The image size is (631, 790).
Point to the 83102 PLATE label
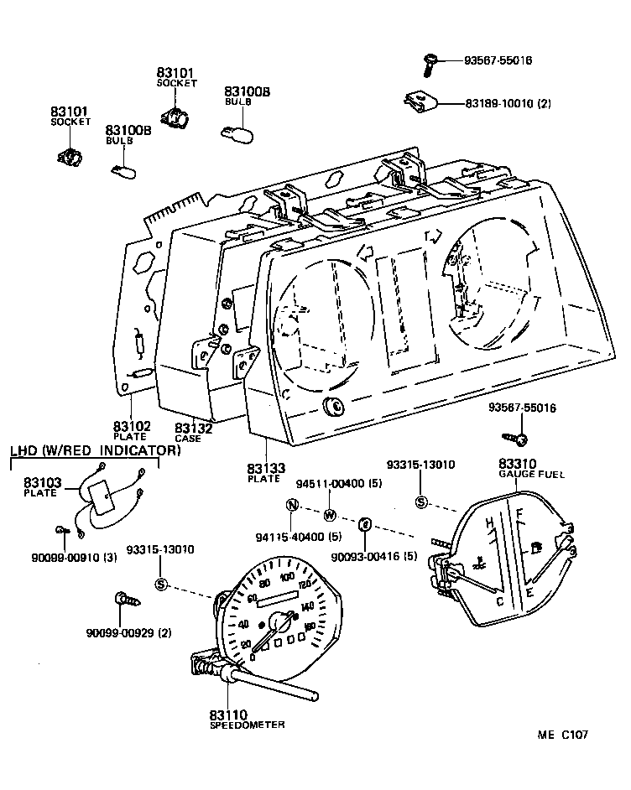(132, 430)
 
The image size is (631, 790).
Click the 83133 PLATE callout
(265, 472)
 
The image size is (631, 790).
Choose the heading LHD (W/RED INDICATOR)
(95, 450)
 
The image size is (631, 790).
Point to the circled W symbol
(329, 514)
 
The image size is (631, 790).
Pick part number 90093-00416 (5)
(374, 555)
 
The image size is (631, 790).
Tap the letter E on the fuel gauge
(529, 593)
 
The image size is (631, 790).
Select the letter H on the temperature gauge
(488, 524)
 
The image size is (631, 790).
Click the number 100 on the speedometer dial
(288, 577)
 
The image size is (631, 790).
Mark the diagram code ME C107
(562, 735)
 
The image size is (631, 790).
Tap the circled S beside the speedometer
(160, 585)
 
